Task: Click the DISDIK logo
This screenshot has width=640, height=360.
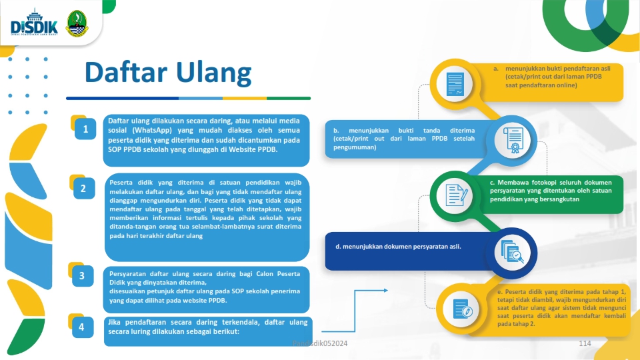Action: coord(34,23)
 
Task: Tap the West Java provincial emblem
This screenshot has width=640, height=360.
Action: coord(77,24)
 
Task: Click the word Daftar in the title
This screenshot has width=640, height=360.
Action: coord(126,72)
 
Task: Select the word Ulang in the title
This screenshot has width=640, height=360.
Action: coord(214,73)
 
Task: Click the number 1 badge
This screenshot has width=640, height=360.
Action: coord(85,129)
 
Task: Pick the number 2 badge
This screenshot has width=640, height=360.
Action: coord(84,188)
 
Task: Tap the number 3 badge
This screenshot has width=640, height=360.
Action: coord(82,275)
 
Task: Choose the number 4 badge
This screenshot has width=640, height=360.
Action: coord(82,327)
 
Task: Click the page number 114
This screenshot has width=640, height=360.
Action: coord(585,343)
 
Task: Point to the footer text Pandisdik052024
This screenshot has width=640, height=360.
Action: coord(320,343)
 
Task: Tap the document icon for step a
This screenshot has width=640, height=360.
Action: coord(455,84)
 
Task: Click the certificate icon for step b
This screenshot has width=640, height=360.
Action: coord(513,140)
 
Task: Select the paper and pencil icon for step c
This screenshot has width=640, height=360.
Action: coord(455,195)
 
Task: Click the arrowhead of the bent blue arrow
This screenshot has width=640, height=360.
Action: coord(386,290)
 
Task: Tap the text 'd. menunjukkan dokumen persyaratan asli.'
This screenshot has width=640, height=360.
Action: coord(398,247)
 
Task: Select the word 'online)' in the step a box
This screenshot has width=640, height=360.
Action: coord(567,85)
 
